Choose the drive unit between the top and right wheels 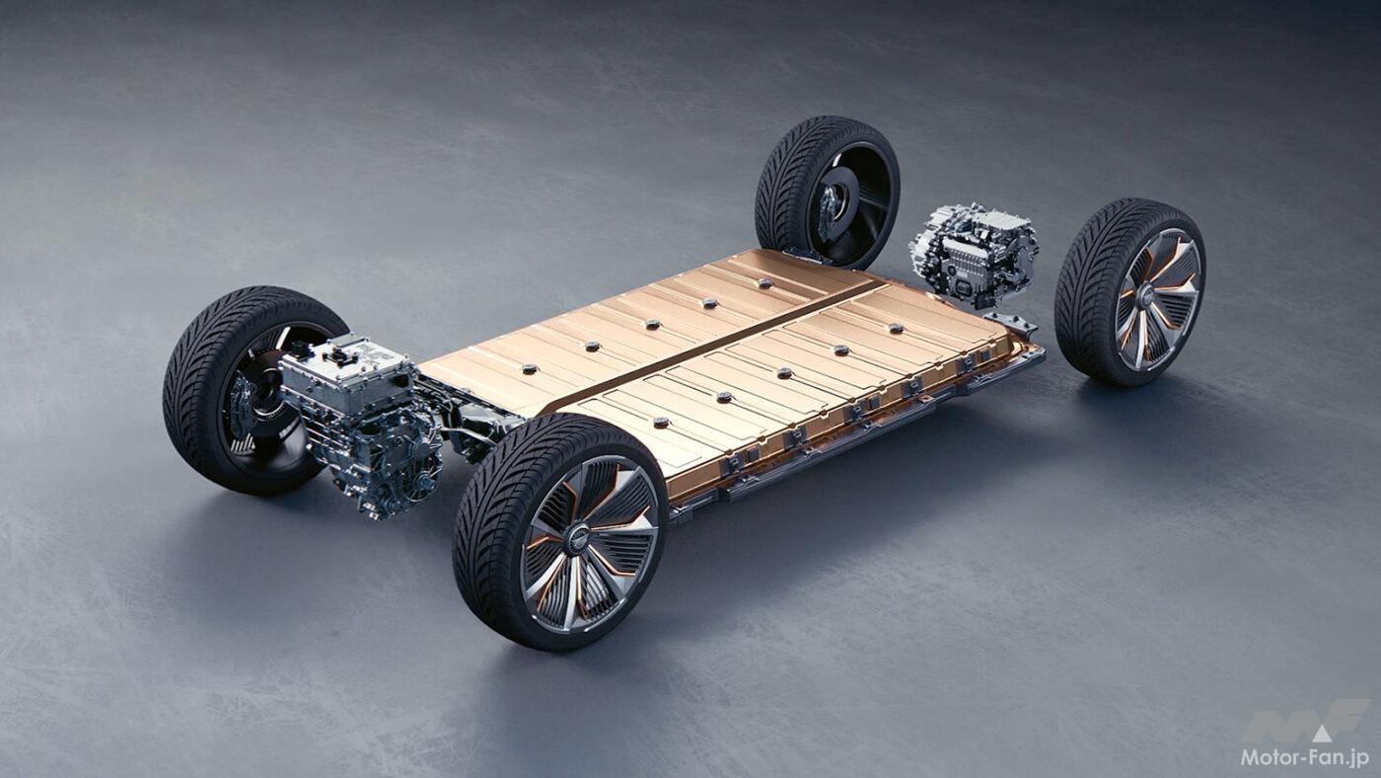973,253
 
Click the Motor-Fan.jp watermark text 1306,757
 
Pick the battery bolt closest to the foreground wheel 661,422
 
